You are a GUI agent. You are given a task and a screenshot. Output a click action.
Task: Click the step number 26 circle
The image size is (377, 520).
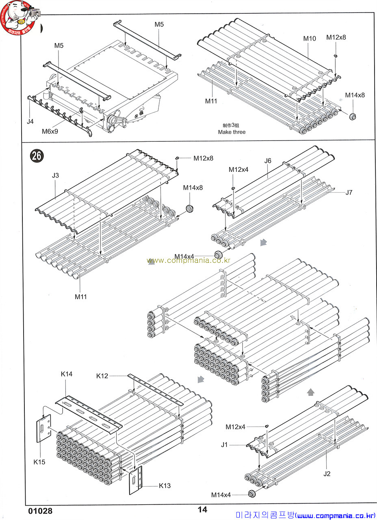click(37, 156)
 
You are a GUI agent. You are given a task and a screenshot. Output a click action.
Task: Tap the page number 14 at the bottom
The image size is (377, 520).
click(202, 510)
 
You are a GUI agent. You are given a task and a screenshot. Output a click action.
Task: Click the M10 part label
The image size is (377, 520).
click(310, 39)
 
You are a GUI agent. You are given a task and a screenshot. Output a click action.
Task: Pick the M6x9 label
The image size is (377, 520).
click(50, 131)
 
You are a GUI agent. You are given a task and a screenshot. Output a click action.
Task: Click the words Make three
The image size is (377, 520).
click(232, 132)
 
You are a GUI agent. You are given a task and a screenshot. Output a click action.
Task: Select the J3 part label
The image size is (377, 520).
click(56, 175)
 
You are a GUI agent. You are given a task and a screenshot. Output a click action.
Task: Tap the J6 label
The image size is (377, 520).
click(267, 160)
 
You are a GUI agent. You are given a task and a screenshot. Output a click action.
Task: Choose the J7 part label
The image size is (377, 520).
click(349, 193)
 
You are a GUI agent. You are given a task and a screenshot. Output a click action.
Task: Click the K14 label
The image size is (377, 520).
click(67, 374)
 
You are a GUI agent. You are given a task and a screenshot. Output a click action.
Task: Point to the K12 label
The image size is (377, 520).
click(102, 376)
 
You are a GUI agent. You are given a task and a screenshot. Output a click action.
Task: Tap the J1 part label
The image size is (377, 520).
click(224, 445)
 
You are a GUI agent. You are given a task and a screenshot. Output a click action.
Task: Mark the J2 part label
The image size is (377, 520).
click(327, 473)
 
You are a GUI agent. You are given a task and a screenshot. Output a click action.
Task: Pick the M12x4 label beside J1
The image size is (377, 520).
click(236, 427)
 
